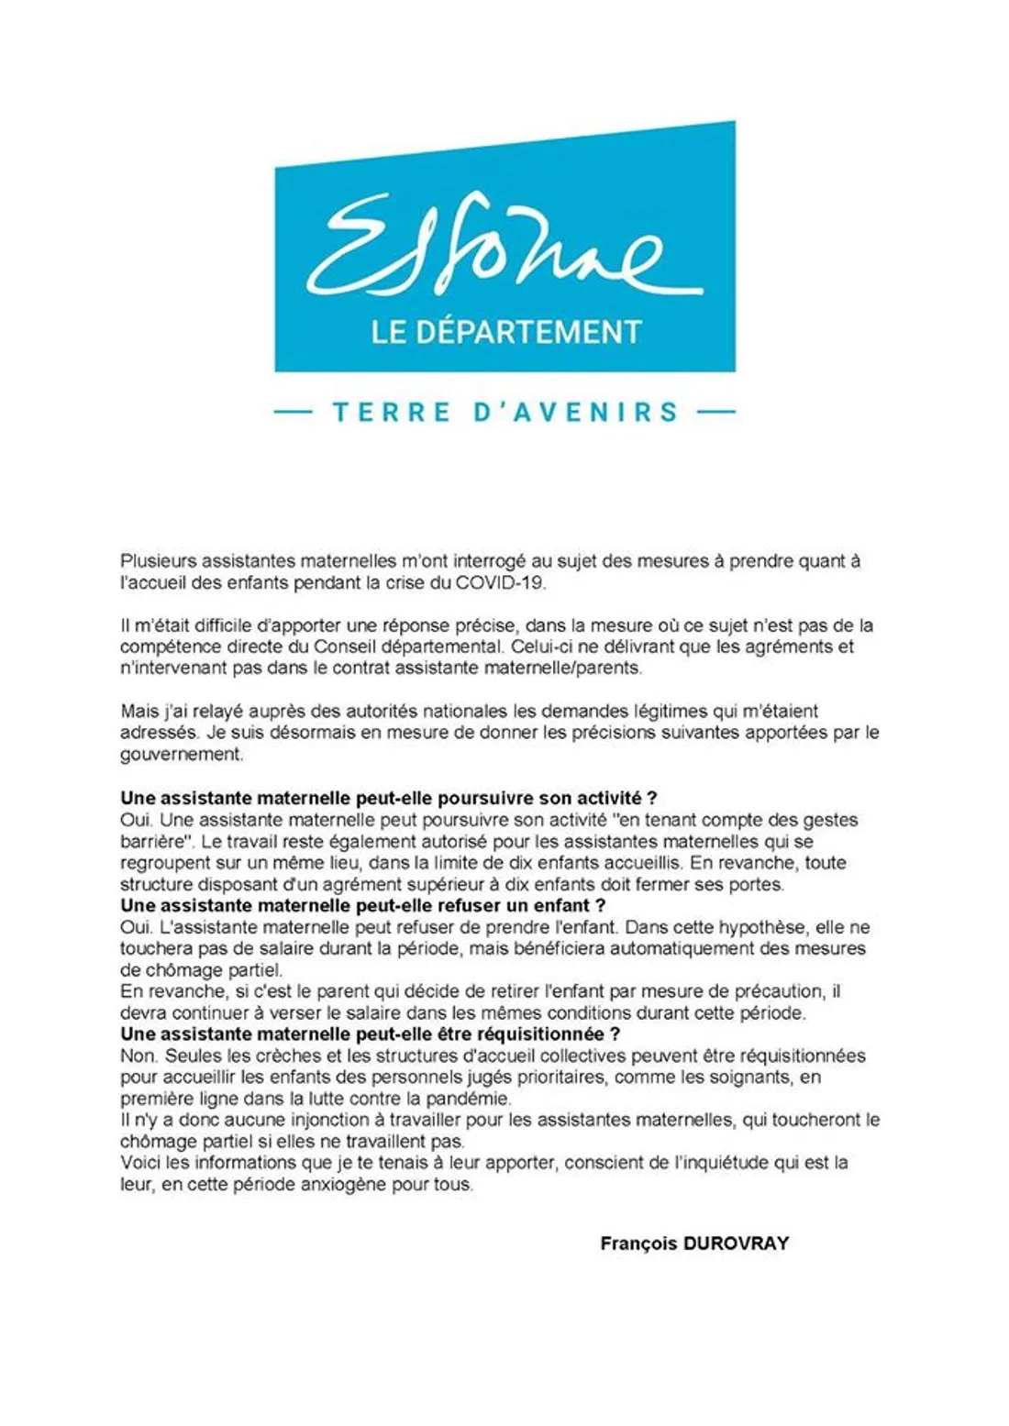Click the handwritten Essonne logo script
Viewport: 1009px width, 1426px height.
(x=504, y=246)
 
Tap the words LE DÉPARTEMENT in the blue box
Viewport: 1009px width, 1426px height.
(x=505, y=332)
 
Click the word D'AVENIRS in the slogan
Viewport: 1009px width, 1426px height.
(x=576, y=412)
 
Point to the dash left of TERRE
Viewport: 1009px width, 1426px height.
(x=294, y=412)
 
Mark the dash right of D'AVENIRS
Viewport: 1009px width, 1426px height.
(x=715, y=412)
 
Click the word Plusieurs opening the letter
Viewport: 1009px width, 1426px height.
(x=158, y=561)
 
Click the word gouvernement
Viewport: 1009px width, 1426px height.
(x=181, y=755)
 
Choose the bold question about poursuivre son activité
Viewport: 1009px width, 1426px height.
(x=389, y=798)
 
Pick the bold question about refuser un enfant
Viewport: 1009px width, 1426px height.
(x=363, y=906)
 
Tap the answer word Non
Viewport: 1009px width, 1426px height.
(x=138, y=1056)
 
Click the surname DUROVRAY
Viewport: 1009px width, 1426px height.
(x=736, y=1244)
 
